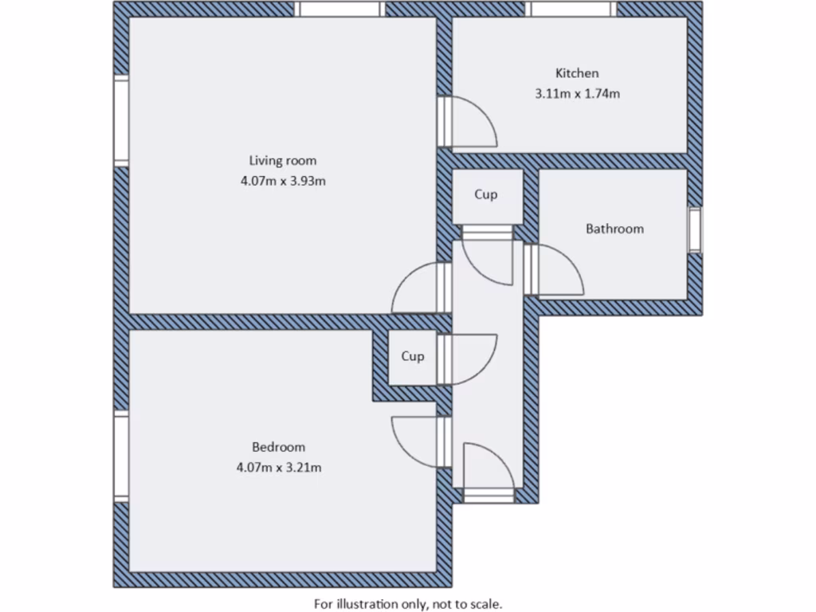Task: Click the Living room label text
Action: click(282, 161)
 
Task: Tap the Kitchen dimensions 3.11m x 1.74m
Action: click(577, 93)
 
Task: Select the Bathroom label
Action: click(614, 229)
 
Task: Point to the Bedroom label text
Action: click(278, 447)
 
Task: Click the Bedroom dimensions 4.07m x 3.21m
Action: click(278, 468)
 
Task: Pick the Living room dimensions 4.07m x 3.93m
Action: click(283, 181)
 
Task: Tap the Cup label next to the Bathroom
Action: click(486, 194)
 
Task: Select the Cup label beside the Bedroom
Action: click(412, 356)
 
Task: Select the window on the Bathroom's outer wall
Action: click(695, 230)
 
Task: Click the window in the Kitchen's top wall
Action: click(571, 9)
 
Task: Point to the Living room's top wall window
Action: click(339, 9)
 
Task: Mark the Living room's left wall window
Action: click(121, 120)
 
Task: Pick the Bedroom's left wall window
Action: click(121, 457)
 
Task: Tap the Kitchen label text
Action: click(577, 73)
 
